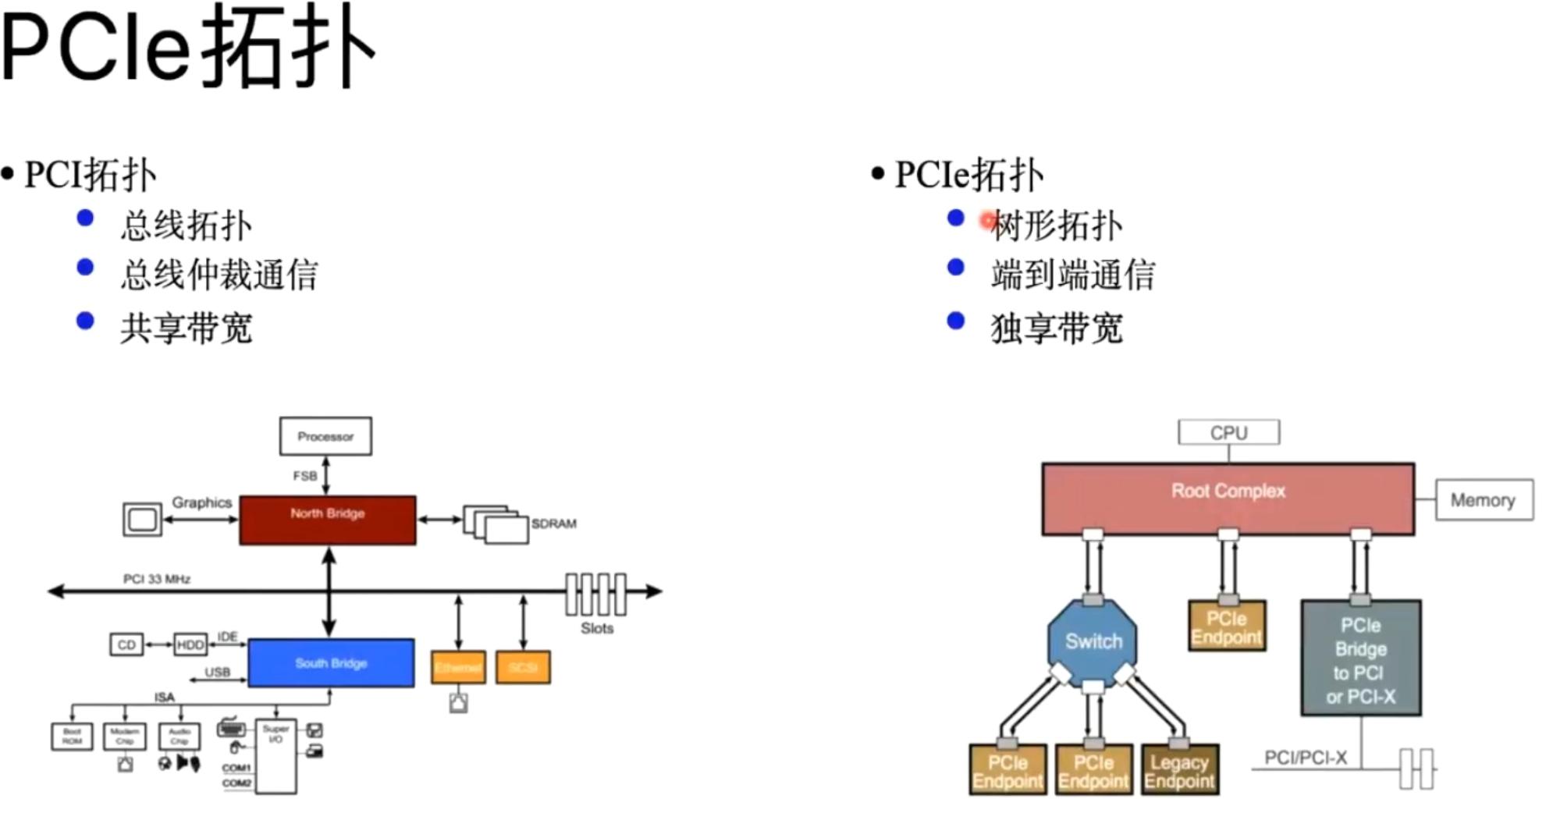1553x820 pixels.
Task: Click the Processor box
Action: [x=325, y=436]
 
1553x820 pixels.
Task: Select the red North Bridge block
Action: [x=327, y=520]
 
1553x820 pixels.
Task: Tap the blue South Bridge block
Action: [x=331, y=663]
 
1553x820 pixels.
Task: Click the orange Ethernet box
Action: [x=458, y=668]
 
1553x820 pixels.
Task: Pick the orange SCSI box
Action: [x=523, y=668]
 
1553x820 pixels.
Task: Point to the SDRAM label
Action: [x=554, y=524]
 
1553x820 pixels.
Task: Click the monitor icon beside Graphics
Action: [x=142, y=520]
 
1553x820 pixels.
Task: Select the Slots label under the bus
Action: [x=597, y=629]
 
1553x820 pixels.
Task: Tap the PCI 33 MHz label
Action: [x=157, y=579]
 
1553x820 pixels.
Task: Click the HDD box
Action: [x=190, y=644]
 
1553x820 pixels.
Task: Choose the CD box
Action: [x=126, y=644]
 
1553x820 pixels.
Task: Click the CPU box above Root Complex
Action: [x=1228, y=432]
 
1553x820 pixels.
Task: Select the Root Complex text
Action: [x=1228, y=491]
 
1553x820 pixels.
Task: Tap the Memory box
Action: [x=1484, y=500]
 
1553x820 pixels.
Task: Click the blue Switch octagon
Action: [x=1093, y=641]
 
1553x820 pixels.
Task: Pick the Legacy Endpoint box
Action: [x=1179, y=771]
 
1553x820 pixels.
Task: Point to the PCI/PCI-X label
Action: [x=1305, y=758]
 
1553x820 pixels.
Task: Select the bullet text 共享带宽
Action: [x=187, y=328]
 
